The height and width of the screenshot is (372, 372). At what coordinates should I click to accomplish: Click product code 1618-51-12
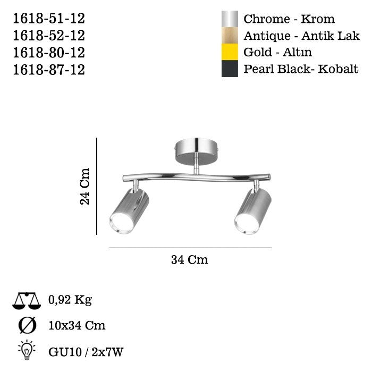click(48, 19)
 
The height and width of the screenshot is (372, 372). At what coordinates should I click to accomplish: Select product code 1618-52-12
click(48, 36)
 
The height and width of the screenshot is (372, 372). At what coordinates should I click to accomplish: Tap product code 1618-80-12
click(48, 53)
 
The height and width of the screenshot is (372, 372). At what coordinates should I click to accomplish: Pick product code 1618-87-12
click(48, 70)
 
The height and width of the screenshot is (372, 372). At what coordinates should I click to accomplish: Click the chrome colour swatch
click(230, 19)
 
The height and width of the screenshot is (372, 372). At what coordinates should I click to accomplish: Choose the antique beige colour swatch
click(230, 36)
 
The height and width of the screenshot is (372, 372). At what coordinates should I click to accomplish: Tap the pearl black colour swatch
click(230, 69)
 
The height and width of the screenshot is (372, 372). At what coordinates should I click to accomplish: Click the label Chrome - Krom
click(289, 19)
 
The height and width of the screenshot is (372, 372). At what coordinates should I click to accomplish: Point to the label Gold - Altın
click(277, 53)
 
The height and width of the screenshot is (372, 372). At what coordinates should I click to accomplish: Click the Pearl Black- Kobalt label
click(301, 69)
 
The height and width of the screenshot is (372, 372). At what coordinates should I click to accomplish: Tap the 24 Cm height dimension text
click(85, 186)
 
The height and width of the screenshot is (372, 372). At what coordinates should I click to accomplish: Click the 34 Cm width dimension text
click(190, 260)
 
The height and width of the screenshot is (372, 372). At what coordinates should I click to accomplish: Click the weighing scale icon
click(27, 301)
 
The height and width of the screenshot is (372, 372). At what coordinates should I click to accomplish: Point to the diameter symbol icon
click(27, 325)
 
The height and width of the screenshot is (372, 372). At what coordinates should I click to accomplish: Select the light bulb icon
click(27, 350)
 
